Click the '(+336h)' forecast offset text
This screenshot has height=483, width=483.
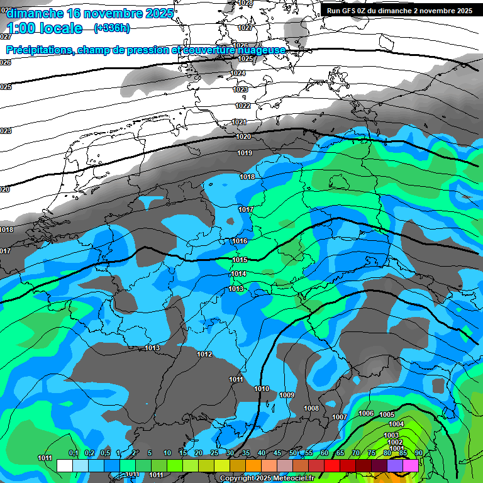pyautogui.click(x=112, y=28)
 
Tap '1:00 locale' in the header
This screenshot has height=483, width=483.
pyautogui.click(x=45, y=28)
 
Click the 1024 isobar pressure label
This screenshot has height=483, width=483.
pyautogui.click(x=238, y=74)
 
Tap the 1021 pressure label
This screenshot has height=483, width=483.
pyautogui.click(x=240, y=122)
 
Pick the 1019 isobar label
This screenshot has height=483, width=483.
pyautogui.click(x=245, y=153)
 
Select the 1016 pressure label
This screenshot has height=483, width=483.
pyautogui.click(x=240, y=241)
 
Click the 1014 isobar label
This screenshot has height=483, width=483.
pyautogui.click(x=238, y=274)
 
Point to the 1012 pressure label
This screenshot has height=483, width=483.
pyautogui.click(x=204, y=355)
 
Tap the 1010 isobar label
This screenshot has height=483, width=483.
pyautogui.click(x=262, y=389)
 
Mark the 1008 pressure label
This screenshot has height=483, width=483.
pyautogui.click(x=311, y=409)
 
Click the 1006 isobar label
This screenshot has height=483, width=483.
pyautogui.click(x=366, y=413)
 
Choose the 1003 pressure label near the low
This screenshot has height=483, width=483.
pyautogui.click(x=391, y=435)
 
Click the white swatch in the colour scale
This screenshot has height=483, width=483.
pyautogui.click(x=64, y=465)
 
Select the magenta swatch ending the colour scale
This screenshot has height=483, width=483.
pyautogui.click(x=411, y=465)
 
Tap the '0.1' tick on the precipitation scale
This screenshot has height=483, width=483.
pyautogui.click(x=73, y=453)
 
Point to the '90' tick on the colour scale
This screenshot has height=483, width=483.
pyautogui.click(x=418, y=453)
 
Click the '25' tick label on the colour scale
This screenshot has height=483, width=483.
pyautogui.click(x=214, y=453)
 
